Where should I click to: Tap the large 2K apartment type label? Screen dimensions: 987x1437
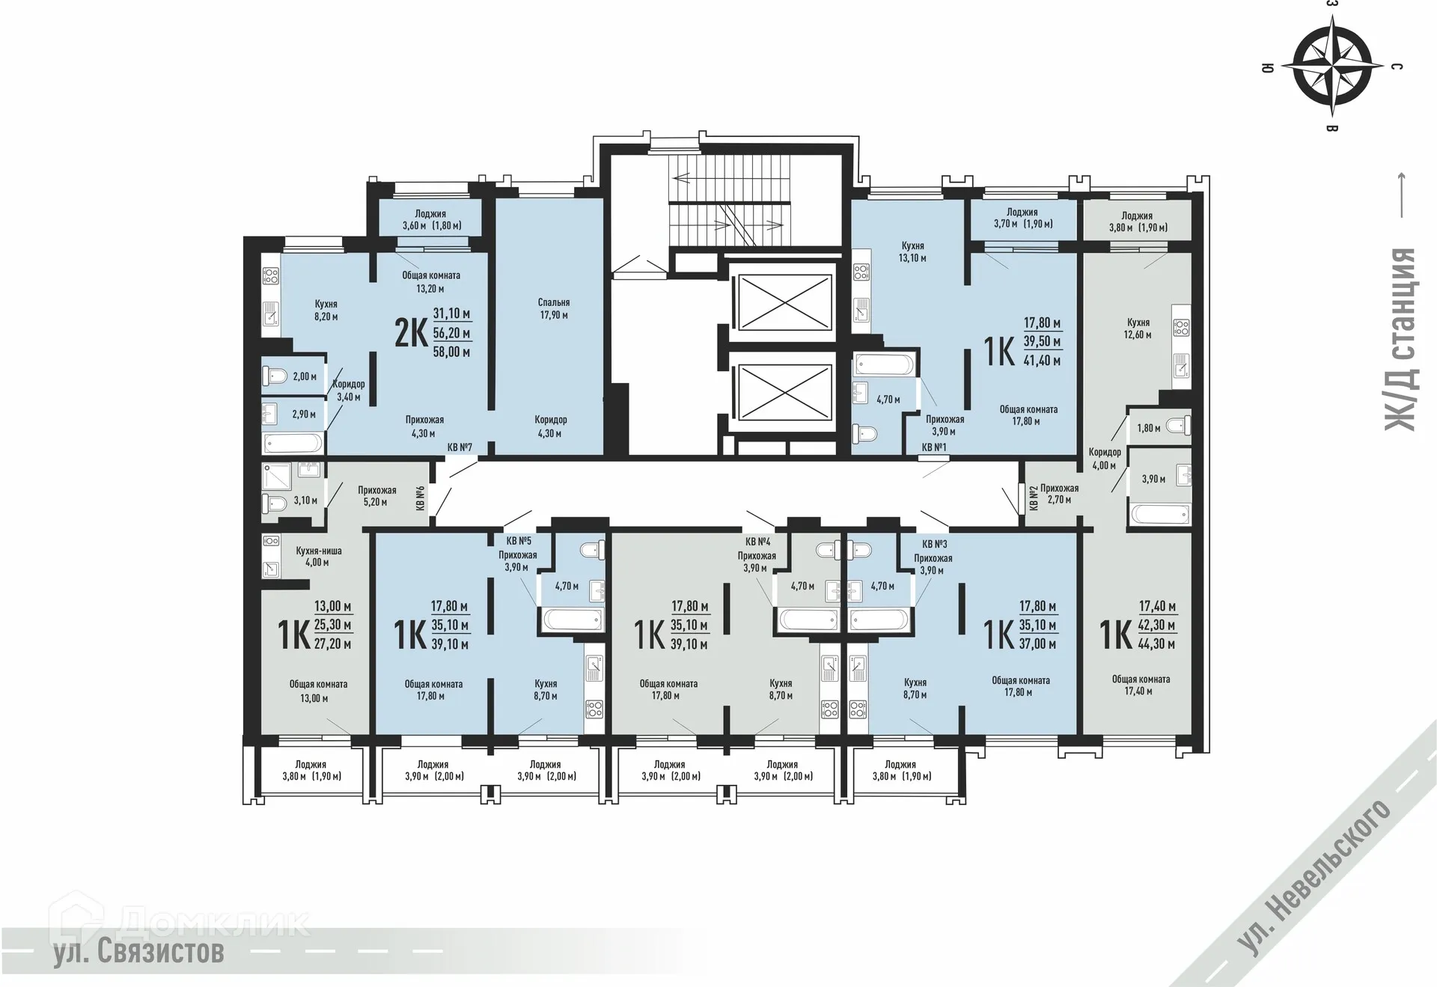pos(411,333)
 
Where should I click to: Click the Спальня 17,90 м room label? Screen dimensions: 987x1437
pos(554,309)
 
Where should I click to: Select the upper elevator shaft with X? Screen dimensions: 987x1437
pos(784,302)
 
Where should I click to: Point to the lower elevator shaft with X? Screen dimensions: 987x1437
pos(784,391)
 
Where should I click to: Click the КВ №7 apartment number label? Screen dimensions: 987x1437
pos(460,447)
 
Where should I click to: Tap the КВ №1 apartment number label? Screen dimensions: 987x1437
pos(934,447)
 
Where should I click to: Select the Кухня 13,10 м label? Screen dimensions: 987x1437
pos(912,251)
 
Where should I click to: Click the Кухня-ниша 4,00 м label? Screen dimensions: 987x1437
pos(318,557)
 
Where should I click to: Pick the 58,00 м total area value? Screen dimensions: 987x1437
pos(451,352)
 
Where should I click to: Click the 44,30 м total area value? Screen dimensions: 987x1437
pos(1157,644)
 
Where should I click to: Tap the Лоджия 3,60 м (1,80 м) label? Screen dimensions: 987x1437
pos(431,219)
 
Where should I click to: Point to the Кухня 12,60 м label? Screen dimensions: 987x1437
pos(1138,329)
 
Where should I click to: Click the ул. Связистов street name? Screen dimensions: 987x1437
pos(138,953)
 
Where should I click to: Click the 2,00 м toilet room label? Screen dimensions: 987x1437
pos(304,377)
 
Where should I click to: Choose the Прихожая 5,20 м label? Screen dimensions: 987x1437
pos(376,496)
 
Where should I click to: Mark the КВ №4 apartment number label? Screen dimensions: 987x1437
pos(757,542)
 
